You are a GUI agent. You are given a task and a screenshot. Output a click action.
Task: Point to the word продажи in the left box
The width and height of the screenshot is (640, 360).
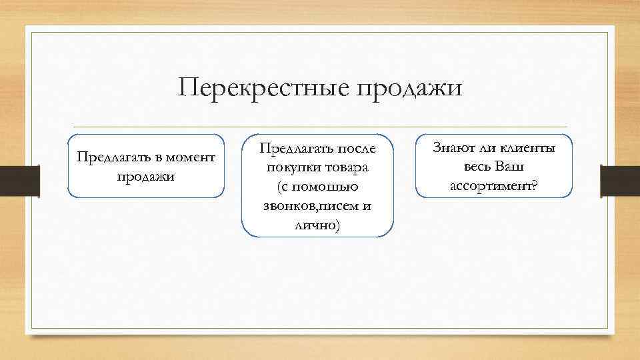coord(145,177)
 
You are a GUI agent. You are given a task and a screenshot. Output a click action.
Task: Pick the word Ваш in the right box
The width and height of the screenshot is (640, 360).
coord(510,167)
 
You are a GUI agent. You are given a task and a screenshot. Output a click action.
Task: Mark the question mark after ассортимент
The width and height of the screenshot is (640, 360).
coord(534,187)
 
